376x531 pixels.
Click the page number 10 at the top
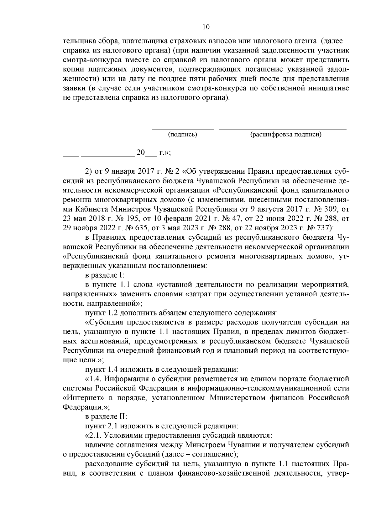[x=206, y=27]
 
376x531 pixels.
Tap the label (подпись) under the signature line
[x=183, y=135]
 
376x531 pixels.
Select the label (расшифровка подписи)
[x=286, y=135]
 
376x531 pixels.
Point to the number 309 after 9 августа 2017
[x=326, y=209]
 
